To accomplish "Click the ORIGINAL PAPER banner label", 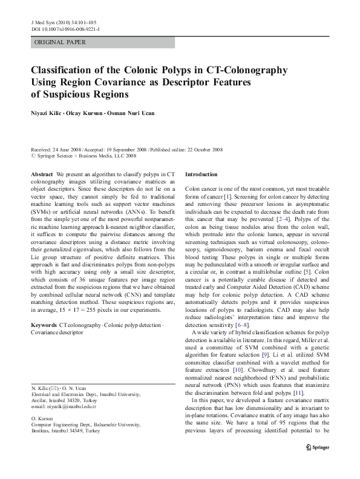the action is click(60, 42).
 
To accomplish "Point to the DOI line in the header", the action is click(65, 28).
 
